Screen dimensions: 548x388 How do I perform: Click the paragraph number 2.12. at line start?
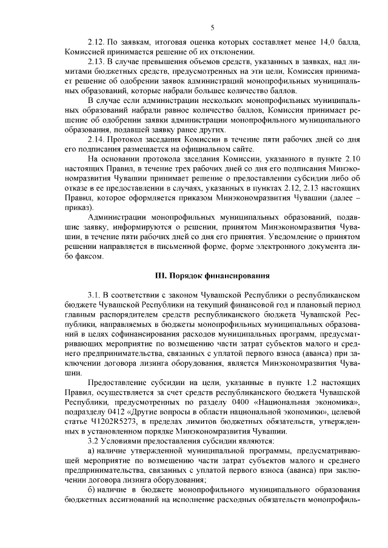point(98,44)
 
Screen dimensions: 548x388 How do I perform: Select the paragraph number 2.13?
point(98,62)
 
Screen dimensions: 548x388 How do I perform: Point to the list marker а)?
point(92,450)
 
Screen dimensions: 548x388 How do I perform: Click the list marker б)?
point(92,489)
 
